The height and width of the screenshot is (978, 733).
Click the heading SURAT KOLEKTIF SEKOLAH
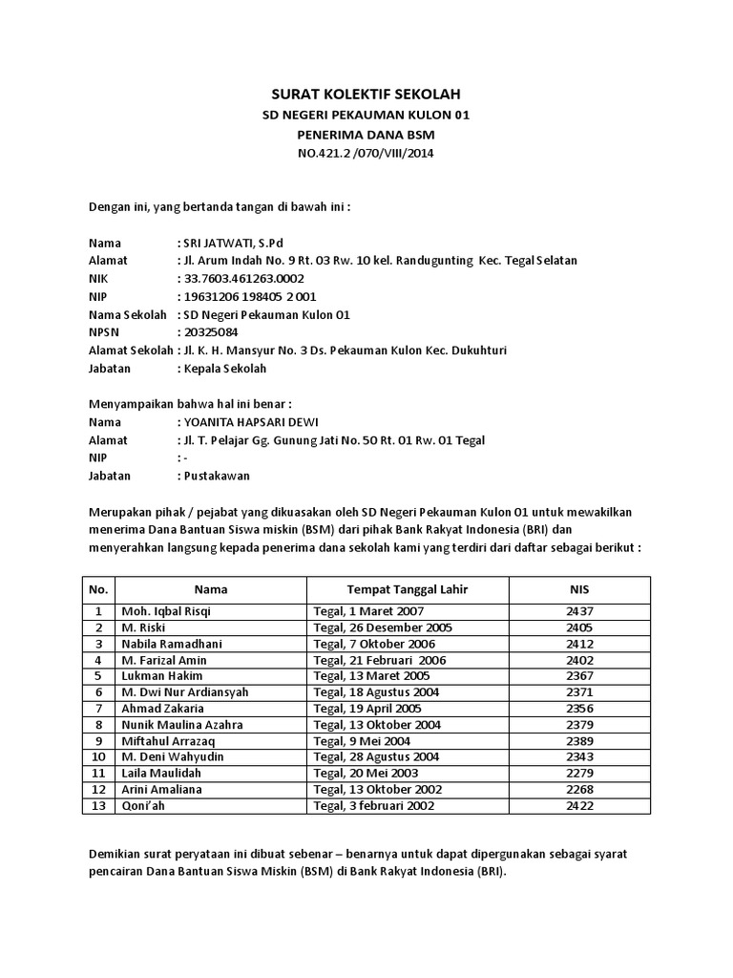click(367, 95)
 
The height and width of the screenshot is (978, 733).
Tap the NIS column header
click(579, 589)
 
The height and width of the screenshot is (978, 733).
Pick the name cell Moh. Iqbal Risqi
click(159, 611)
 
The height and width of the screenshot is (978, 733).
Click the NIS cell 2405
click(579, 627)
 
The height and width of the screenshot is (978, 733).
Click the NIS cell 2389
click(579, 741)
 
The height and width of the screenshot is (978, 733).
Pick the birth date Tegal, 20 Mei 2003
click(366, 774)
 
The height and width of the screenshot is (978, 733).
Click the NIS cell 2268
click(579, 790)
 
